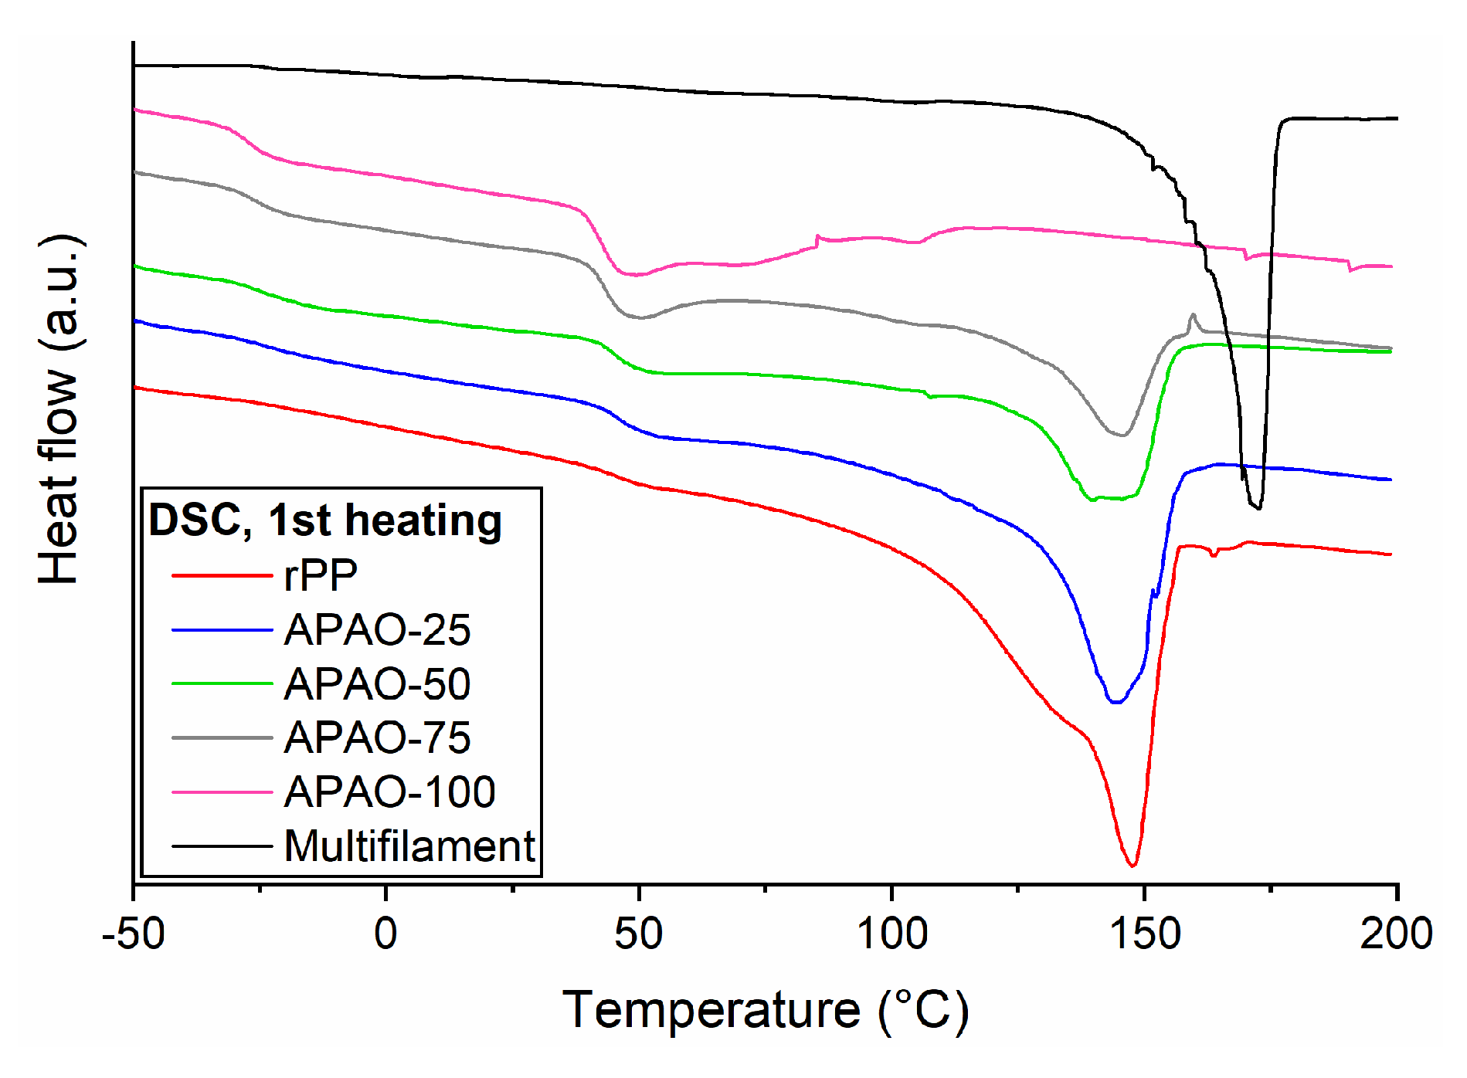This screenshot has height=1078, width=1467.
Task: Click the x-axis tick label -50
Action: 133,934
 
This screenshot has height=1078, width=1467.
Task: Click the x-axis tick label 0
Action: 385,934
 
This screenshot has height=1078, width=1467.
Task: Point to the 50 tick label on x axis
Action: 638,934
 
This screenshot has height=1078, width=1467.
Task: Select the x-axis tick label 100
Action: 891,934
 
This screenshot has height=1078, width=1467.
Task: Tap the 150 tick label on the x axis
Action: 1144,934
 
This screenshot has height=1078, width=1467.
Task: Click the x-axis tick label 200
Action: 1396,934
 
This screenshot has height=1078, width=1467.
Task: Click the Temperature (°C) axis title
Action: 765,1010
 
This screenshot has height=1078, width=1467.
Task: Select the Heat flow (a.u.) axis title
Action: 60,409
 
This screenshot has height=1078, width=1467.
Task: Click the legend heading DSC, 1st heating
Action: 325,520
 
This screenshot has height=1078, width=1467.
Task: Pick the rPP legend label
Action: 321,575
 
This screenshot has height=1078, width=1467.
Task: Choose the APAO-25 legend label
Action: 377,630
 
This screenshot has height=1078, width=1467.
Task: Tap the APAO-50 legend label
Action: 377,684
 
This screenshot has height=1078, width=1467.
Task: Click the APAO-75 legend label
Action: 377,738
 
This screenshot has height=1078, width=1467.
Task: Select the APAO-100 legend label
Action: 389,792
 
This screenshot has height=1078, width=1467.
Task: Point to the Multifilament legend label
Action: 409,846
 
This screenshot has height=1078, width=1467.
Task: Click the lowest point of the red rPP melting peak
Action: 1133,866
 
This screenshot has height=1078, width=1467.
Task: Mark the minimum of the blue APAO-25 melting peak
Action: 1116,702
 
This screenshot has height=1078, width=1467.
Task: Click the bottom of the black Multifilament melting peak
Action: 1258,507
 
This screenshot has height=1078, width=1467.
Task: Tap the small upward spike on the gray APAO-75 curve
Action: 1193,315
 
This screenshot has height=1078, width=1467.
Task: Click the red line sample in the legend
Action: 222,575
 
